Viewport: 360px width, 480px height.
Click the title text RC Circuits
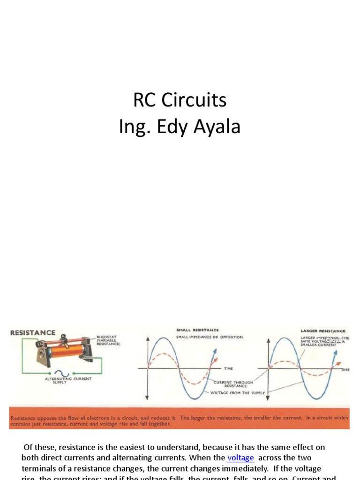[x=180, y=100]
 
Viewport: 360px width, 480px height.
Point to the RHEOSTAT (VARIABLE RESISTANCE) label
[x=108, y=340]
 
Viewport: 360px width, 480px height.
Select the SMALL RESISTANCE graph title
[x=197, y=330]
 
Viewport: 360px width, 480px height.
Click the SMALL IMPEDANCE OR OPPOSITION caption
[x=210, y=337]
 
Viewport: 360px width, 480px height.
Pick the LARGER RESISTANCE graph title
[x=323, y=331]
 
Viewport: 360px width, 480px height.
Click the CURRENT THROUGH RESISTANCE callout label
[x=233, y=384]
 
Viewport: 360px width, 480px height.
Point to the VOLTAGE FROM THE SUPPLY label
[x=238, y=393]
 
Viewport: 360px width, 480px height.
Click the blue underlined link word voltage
[x=240, y=458]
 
